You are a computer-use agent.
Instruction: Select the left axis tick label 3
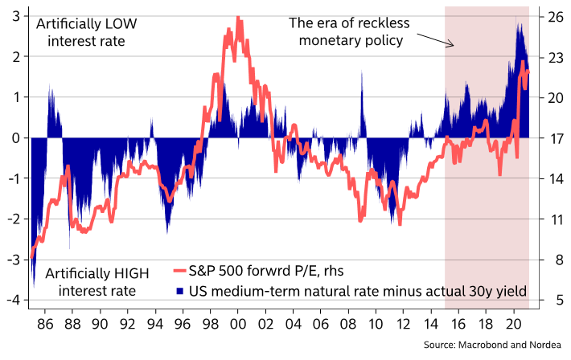tap(16, 16)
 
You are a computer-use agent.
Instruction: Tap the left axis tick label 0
tap(16, 137)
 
